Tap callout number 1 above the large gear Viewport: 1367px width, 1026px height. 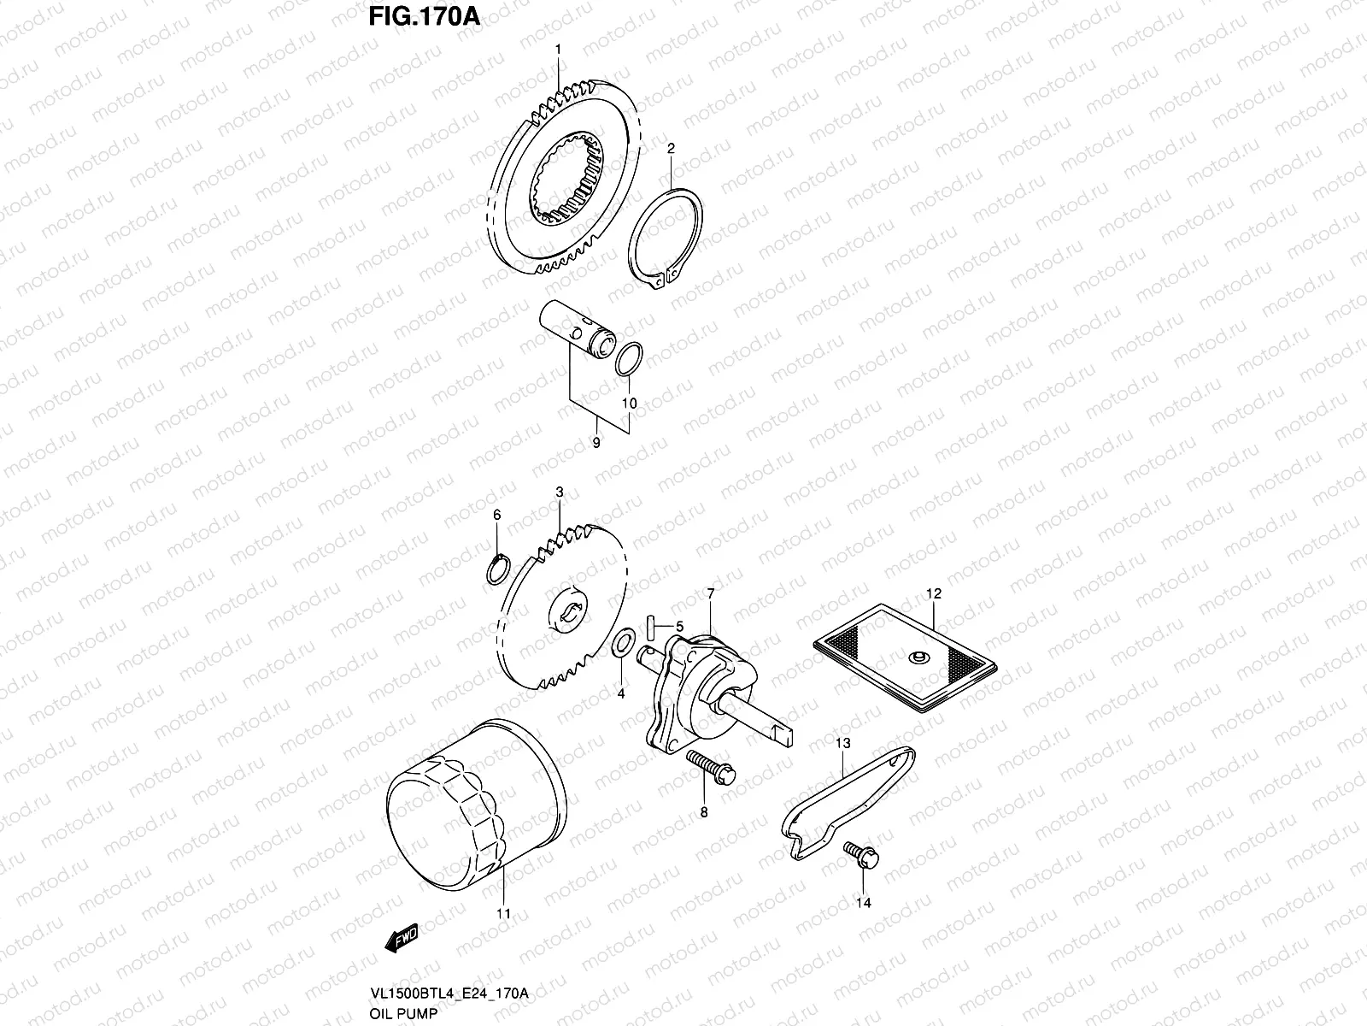point(558,50)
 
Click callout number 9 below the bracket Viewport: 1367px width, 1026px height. point(595,442)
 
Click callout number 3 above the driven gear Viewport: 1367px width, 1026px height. point(559,492)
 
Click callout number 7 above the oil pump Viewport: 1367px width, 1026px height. point(709,593)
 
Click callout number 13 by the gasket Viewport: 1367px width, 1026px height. point(843,744)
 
